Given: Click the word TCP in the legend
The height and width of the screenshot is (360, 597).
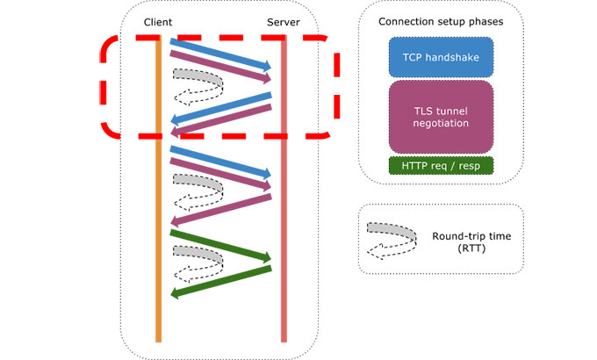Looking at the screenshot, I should [x=412, y=56].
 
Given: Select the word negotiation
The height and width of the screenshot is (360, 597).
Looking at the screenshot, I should [x=440, y=124].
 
